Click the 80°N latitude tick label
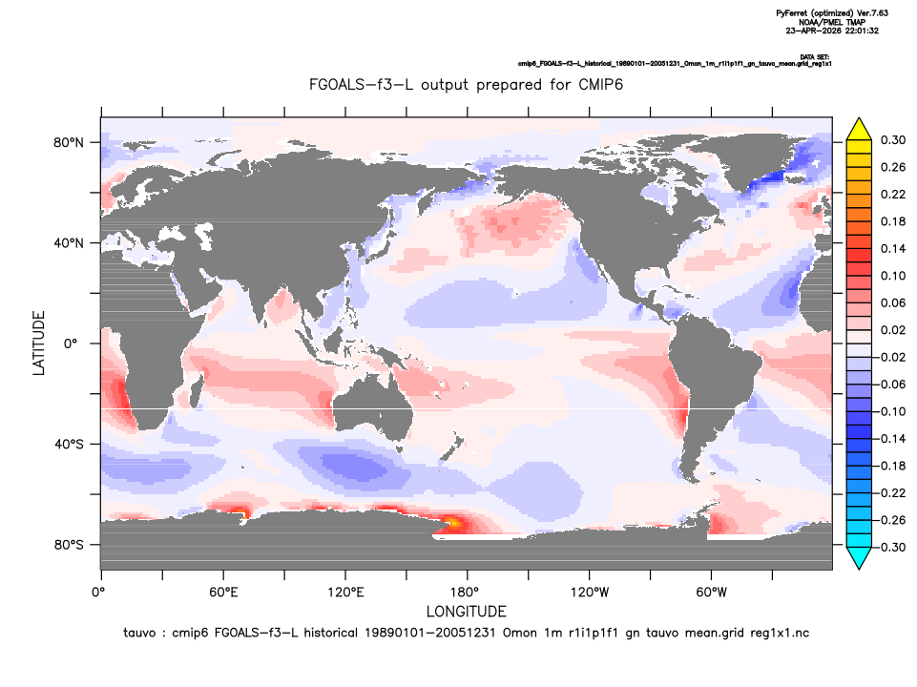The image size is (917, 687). [69, 143]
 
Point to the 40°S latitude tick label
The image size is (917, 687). [69, 445]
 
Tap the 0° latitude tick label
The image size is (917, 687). [71, 343]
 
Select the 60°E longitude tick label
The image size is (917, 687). [223, 593]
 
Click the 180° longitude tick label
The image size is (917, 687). [468, 593]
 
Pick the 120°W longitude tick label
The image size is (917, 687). [590, 593]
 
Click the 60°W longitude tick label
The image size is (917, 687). [712, 593]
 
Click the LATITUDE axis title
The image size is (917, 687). [38, 343]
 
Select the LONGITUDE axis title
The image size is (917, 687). [466, 612]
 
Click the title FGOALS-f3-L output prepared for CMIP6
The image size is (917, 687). [466, 85]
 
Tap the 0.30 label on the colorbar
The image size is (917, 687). [893, 139]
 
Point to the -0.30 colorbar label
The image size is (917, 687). [891, 548]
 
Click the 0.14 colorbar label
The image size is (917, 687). [893, 248]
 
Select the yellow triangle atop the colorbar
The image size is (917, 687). [859, 129]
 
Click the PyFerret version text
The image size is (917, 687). [832, 13]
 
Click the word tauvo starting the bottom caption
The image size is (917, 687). [139, 633]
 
